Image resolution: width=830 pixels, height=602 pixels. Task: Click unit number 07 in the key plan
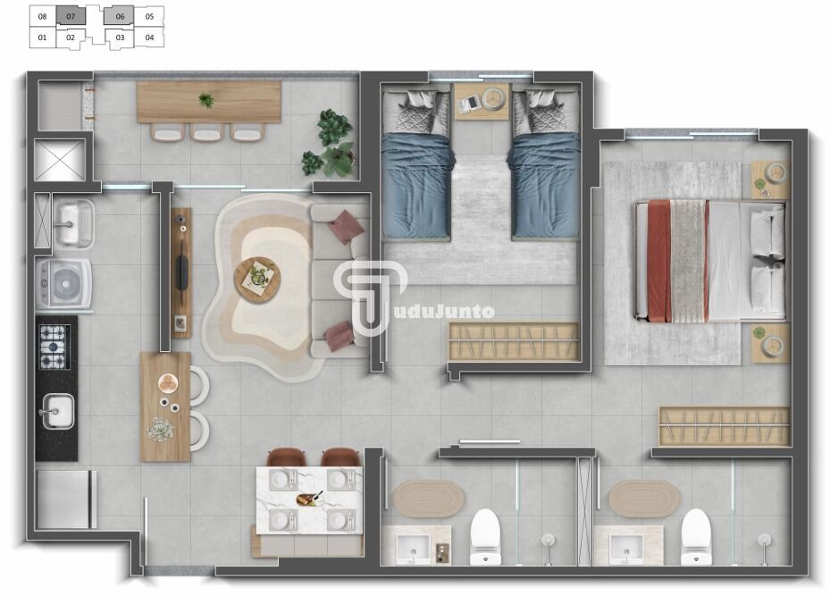point(71,16)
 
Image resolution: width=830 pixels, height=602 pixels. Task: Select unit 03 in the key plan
point(120,38)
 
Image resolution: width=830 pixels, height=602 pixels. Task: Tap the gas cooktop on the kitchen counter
point(53,347)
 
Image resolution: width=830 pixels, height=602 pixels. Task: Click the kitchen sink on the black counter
point(56,411)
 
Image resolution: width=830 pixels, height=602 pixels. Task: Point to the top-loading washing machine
point(64,283)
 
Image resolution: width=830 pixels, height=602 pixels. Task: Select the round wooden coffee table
point(257,280)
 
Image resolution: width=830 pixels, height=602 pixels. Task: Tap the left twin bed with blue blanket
point(416,164)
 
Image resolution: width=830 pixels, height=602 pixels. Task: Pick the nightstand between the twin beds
point(482,102)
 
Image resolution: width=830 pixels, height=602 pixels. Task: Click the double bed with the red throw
point(710,262)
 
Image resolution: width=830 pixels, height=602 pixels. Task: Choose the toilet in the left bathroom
point(485,536)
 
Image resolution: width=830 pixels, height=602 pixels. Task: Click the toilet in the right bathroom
point(696,537)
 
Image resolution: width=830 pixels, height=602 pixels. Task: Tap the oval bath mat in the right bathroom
point(644,498)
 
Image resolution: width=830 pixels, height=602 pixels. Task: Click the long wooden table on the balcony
point(208,102)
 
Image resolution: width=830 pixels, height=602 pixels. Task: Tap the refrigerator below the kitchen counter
point(64,499)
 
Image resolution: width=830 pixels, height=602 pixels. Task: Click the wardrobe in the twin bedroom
point(514,342)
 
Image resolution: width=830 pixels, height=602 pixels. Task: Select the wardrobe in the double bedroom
point(725,426)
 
